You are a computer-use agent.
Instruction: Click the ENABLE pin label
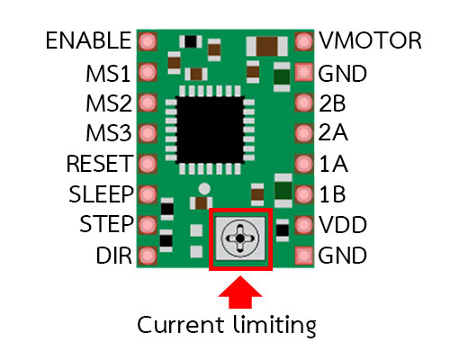point(88,40)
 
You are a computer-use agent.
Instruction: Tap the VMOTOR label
point(370,40)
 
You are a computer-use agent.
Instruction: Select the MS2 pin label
point(109,103)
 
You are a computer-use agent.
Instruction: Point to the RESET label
point(100,164)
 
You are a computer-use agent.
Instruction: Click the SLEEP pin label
point(101,194)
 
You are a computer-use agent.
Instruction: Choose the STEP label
point(106,224)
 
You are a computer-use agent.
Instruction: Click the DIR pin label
point(114,256)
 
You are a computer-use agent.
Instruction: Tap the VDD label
point(343,225)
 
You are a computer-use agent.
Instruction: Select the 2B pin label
point(332,103)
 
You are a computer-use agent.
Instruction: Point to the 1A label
point(333,164)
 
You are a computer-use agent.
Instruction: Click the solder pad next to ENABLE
point(148,41)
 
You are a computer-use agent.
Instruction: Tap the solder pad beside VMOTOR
point(304,41)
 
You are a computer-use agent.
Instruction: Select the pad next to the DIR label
point(148,256)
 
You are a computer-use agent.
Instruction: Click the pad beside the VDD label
point(304,225)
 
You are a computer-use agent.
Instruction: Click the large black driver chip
point(210,130)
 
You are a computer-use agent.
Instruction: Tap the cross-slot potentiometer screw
point(240,238)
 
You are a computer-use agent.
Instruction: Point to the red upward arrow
point(240,292)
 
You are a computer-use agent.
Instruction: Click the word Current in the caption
point(181,325)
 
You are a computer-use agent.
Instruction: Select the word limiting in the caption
point(274,326)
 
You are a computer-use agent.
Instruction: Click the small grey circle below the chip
point(204,189)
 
